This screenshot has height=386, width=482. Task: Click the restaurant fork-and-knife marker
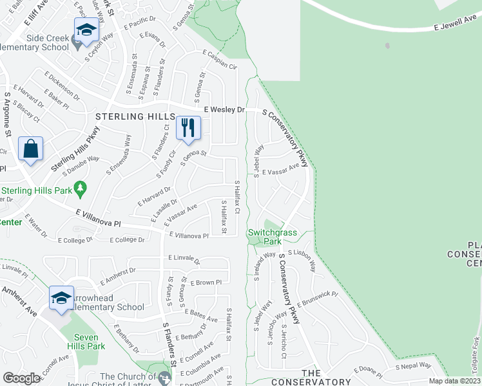[x=188, y=127]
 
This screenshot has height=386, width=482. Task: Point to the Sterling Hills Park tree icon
[x=80, y=190]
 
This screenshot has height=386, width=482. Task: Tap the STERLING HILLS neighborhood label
[x=135, y=116]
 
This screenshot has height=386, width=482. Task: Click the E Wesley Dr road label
[x=224, y=110]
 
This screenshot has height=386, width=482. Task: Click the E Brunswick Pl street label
[x=318, y=299]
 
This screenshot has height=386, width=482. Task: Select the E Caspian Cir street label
[x=220, y=60]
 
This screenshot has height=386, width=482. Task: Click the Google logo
[x=22, y=378]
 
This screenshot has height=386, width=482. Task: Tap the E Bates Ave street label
[x=201, y=313]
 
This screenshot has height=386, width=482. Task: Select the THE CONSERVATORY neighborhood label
[x=312, y=378]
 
